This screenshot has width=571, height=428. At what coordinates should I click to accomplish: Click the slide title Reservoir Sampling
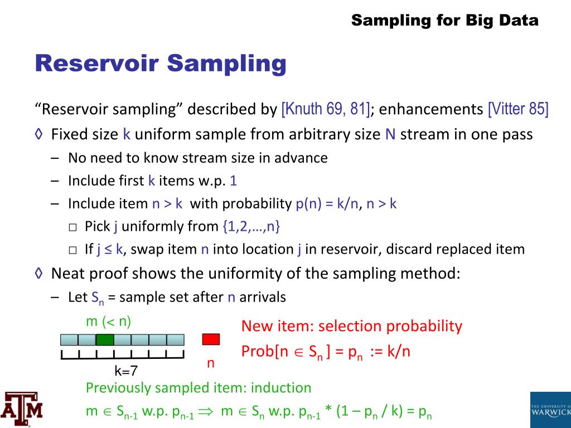pos(161,64)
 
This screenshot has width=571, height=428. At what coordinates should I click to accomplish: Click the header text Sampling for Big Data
pos(445,21)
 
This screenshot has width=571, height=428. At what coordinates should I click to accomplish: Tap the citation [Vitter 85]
pos(518,109)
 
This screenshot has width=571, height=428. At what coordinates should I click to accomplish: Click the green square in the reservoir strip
pos(105,339)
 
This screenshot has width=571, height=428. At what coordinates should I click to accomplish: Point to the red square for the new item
pos(211,339)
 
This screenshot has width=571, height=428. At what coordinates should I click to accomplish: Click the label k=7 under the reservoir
pos(126,370)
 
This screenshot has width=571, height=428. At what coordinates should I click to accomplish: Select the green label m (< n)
pos(109,321)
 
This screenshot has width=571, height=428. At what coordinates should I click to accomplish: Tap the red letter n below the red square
pos(211,363)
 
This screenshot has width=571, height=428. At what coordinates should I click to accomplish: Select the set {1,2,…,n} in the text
pos(251,226)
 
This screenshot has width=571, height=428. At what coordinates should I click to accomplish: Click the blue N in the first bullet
pos(390,134)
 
